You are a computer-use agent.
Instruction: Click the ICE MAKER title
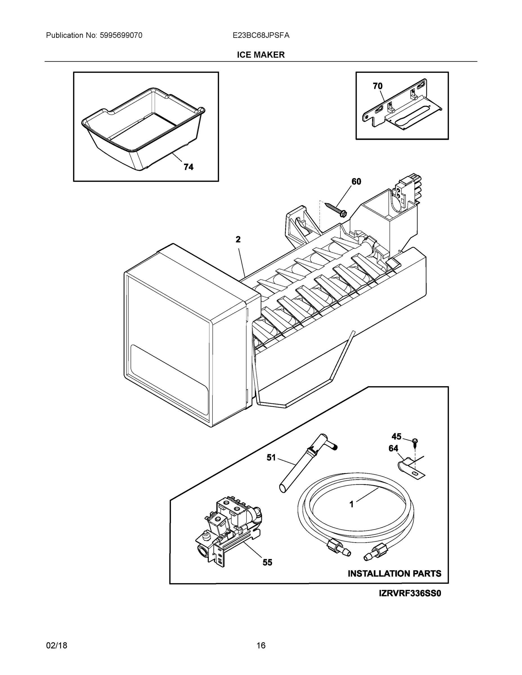click(261, 55)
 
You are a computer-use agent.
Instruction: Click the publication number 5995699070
click(121, 35)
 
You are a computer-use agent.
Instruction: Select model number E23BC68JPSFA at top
click(261, 35)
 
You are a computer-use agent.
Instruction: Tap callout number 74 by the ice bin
click(188, 167)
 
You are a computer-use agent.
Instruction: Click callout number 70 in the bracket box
click(378, 86)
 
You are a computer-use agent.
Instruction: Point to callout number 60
click(356, 182)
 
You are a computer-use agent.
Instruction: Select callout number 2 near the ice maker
click(238, 240)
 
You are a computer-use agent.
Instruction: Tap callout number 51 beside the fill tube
click(271, 458)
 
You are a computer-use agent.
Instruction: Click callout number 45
click(396, 436)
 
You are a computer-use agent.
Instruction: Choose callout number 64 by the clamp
click(393, 449)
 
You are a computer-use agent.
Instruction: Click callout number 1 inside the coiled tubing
click(351, 504)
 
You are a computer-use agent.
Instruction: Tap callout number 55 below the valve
click(268, 562)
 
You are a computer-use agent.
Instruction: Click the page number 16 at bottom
click(261, 646)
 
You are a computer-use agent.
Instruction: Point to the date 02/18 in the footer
click(57, 646)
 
